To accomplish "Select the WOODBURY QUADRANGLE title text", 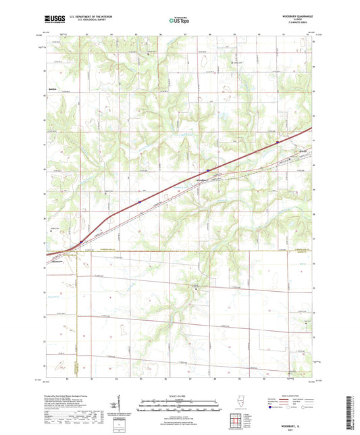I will pos(297,15).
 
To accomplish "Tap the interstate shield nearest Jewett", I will pos(278,142).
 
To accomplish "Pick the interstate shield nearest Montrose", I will pos(80,240).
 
